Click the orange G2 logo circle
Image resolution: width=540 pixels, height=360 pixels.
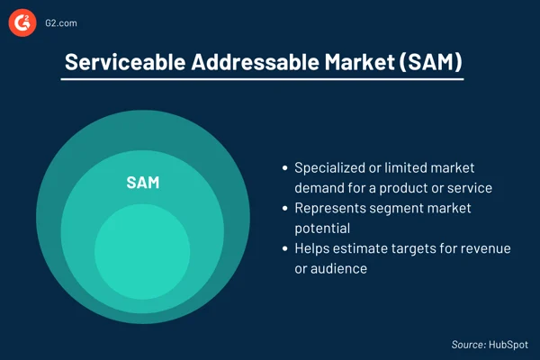[x=22, y=22]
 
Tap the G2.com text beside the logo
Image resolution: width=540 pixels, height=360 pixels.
[x=59, y=22]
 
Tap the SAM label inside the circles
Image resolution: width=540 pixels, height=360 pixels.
[x=142, y=183]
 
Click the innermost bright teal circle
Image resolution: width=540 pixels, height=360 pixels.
[x=142, y=251]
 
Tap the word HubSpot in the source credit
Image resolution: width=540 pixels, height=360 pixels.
[x=508, y=344]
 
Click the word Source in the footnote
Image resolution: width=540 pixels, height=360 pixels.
[x=469, y=344]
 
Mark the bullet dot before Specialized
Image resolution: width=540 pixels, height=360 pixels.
[x=285, y=168]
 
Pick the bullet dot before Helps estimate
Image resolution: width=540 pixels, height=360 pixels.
[x=285, y=248]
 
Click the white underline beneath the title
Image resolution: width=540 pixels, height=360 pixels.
[x=262, y=80]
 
